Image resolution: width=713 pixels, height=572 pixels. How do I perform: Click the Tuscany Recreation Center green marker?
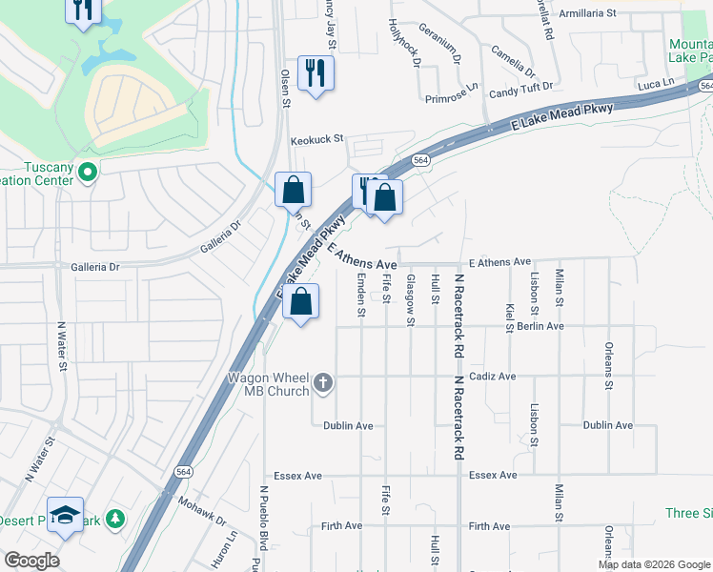pyautogui.click(x=88, y=174)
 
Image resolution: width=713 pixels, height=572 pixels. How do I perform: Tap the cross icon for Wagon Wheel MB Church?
pyautogui.click(x=323, y=383)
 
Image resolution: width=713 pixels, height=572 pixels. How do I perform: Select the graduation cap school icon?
pyautogui.click(x=65, y=516)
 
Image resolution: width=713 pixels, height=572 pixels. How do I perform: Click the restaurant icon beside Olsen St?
pyautogui.click(x=316, y=72)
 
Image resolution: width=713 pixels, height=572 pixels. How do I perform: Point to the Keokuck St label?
pyautogui.click(x=316, y=139)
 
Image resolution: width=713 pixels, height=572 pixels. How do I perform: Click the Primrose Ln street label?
pyautogui.click(x=452, y=94)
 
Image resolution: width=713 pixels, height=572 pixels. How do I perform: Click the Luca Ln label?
pyautogui.click(x=655, y=85)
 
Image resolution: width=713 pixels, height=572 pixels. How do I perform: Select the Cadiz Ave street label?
pyautogui.click(x=492, y=377)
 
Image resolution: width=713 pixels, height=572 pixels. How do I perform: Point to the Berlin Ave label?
pyautogui.click(x=540, y=326)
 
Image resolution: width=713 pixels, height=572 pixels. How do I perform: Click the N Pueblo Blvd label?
pyautogui.click(x=263, y=520)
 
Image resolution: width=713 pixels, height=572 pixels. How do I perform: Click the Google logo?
pyautogui.click(x=31, y=561)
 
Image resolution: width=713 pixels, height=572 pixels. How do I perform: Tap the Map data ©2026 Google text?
pyautogui.click(x=653, y=564)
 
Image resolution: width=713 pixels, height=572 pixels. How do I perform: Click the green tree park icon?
pyautogui.click(x=115, y=519)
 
